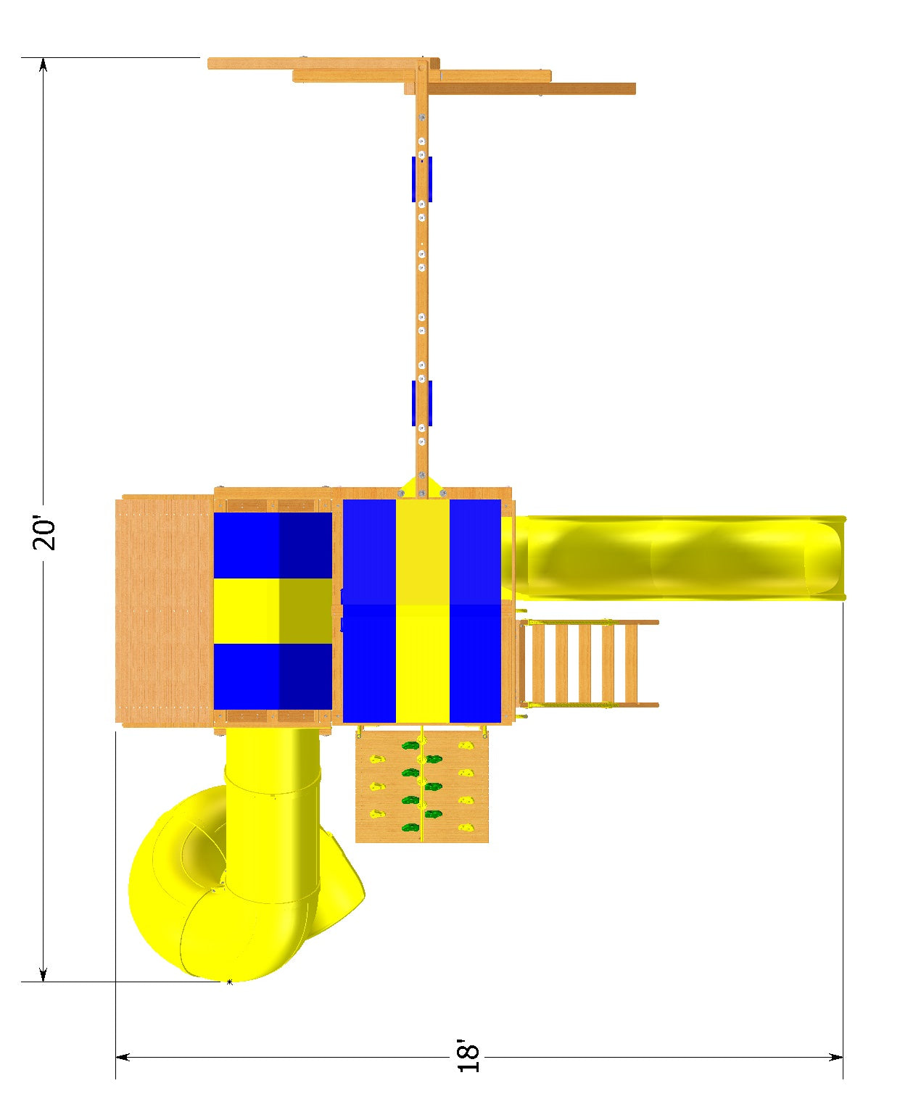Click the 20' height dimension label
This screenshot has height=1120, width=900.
pos(44,533)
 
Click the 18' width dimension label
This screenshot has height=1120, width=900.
pos(468,1056)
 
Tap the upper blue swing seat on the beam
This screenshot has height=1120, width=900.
pos(422,179)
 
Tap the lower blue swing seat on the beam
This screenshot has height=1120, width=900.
pos(422,403)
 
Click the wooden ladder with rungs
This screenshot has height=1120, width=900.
pos(590,663)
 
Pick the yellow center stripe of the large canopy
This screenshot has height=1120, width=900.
pos(422,611)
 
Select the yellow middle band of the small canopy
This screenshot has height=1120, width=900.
pos(273,610)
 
